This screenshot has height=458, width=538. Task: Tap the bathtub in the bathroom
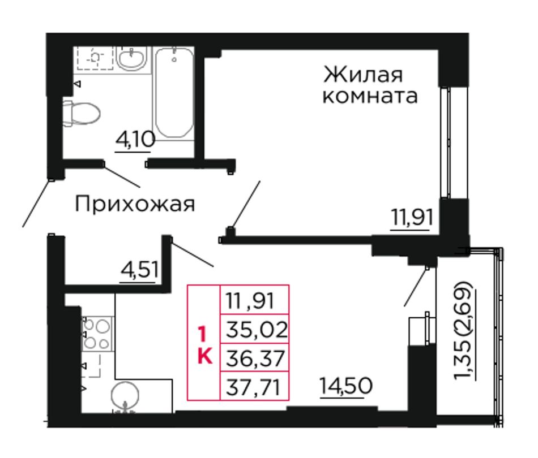(174, 93)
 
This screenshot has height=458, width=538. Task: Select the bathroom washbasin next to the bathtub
(132, 59)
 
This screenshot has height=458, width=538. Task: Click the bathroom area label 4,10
(135, 140)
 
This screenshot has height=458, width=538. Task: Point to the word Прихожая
(135, 204)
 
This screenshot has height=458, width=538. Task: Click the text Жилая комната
(370, 85)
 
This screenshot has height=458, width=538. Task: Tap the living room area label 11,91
(412, 217)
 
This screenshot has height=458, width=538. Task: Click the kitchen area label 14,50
(345, 386)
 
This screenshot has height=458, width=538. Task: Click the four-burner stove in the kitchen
(97, 334)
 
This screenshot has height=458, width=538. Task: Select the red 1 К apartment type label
(204, 345)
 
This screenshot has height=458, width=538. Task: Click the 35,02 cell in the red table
(255, 329)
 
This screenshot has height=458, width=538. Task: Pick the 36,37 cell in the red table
(255, 357)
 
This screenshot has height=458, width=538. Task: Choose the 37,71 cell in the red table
(255, 386)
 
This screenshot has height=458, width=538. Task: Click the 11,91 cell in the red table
(255, 300)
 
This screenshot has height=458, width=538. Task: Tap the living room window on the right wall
(445, 142)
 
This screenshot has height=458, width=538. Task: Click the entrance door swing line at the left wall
(37, 203)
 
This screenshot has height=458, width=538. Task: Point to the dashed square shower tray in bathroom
(95, 58)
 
